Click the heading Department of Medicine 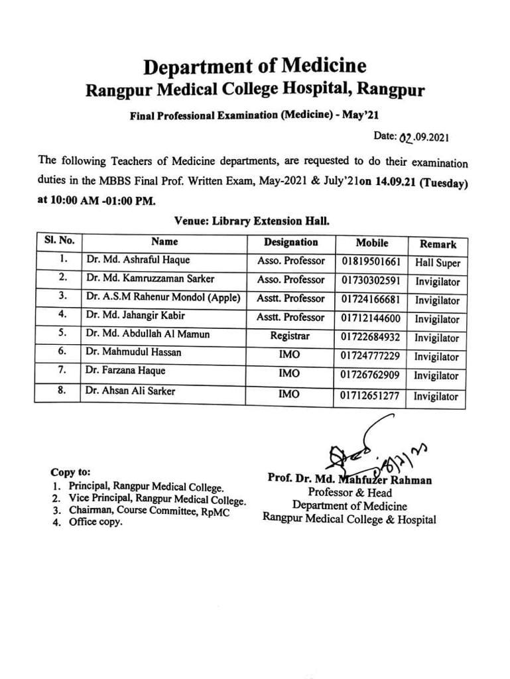click(255, 66)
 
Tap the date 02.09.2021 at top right click(424, 137)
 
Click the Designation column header click(290, 243)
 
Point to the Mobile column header click(371, 243)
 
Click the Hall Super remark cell click(437, 263)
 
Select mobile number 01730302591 click(371, 280)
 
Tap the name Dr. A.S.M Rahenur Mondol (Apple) click(162, 298)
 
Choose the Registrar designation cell click(290, 336)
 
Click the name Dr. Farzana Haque click(125, 371)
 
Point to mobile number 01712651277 click(371, 396)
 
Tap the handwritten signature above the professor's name click(371, 451)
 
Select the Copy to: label click(70, 473)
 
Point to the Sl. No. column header click(59, 241)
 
